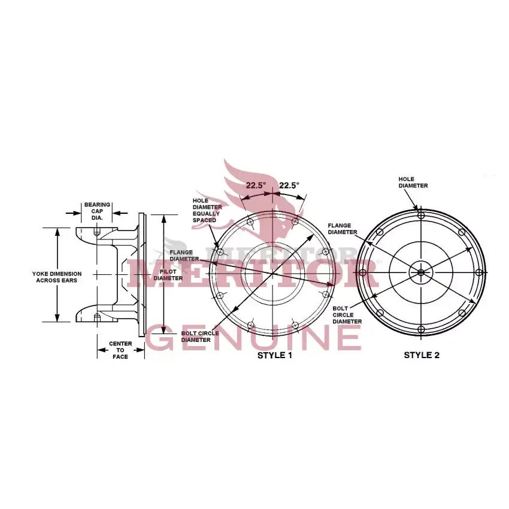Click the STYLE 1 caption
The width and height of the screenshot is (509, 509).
click(275, 356)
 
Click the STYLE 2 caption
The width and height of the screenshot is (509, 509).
click(422, 355)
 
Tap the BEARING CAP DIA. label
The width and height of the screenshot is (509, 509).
click(97, 211)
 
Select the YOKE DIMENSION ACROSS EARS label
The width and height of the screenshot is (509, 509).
click(57, 277)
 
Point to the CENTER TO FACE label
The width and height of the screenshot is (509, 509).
click(120, 350)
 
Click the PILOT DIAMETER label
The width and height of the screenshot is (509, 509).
click(168, 275)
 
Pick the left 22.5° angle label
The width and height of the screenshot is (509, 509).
click(256, 186)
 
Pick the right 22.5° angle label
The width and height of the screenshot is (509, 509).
click(289, 186)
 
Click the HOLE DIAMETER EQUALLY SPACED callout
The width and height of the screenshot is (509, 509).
click(207, 210)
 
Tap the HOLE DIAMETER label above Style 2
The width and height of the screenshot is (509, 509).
click(413, 183)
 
